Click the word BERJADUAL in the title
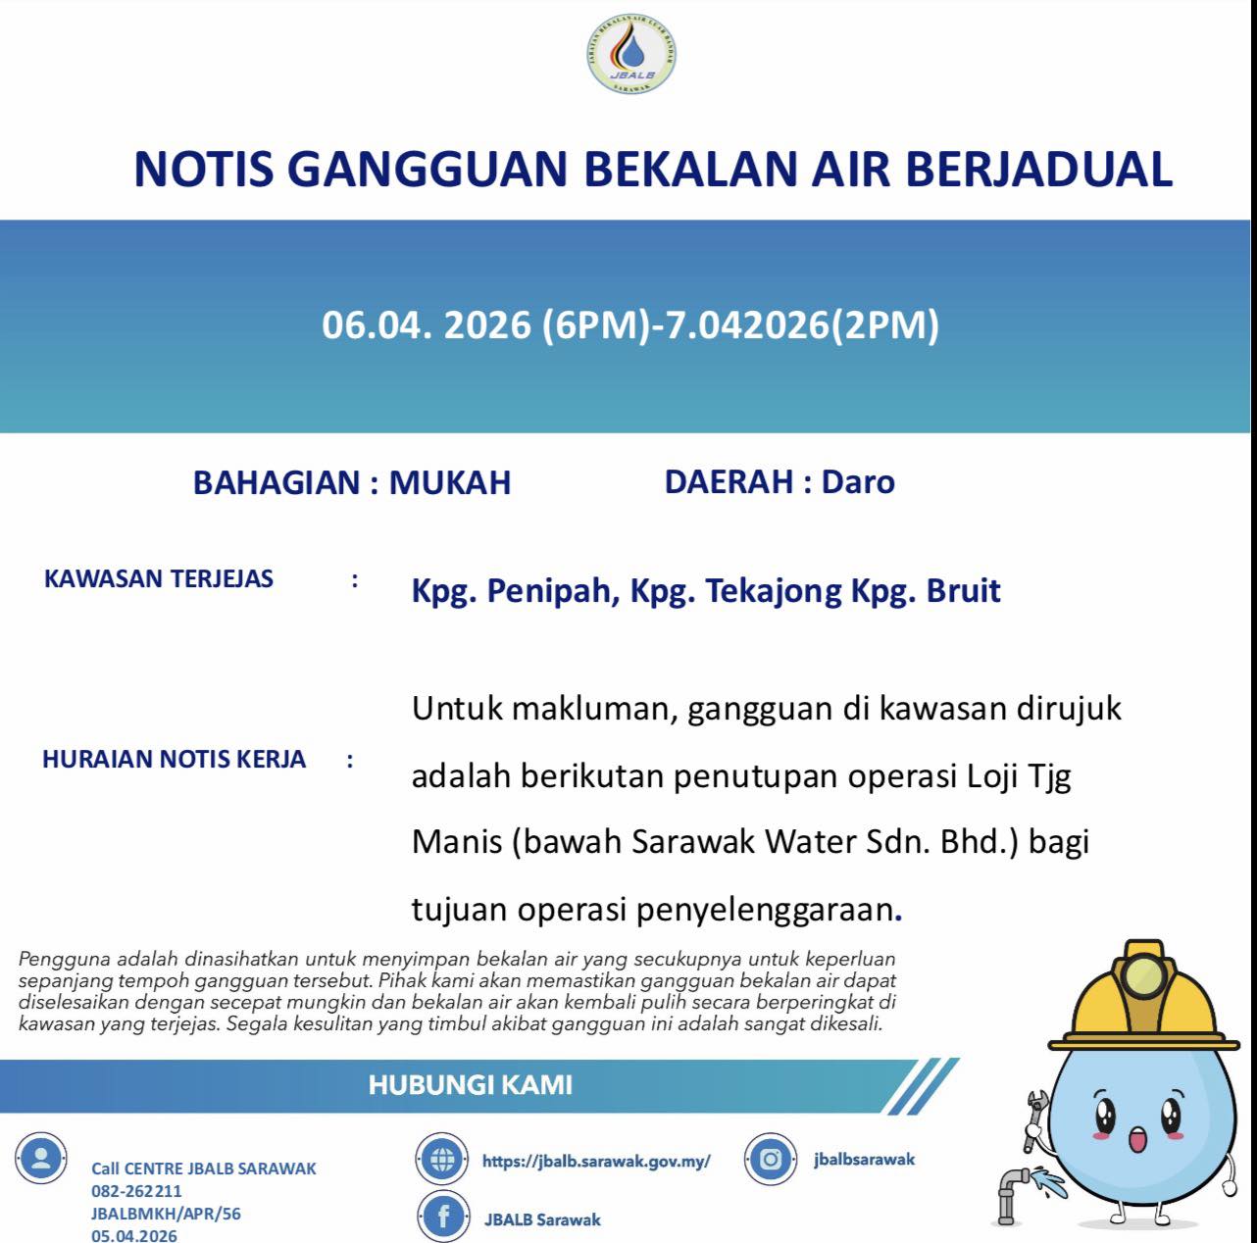click(1038, 169)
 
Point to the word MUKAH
click(450, 483)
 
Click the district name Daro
click(858, 481)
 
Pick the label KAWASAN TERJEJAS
click(159, 578)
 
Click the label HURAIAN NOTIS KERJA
click(175, 759)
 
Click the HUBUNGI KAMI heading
click(471, 1085)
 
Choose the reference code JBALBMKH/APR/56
click(166, 1214)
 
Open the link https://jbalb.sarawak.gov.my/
click(596, 1162)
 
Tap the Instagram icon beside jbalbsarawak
click(771, 1160)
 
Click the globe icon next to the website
click(443, 1161)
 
